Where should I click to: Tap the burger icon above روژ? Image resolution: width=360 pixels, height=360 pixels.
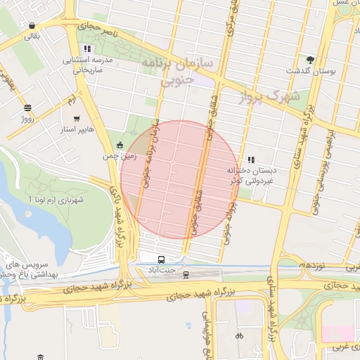27,108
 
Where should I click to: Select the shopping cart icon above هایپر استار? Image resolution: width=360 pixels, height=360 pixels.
76,119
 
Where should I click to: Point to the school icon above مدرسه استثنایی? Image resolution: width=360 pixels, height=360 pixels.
86,49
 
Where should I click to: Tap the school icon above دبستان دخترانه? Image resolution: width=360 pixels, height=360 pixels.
251,160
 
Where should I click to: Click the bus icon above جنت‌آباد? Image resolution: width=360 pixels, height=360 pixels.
162,258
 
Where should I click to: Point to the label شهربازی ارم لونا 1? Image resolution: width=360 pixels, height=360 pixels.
56,200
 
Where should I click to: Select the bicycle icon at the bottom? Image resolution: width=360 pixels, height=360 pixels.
239,335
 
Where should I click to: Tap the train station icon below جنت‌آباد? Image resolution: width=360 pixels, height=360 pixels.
186,274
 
